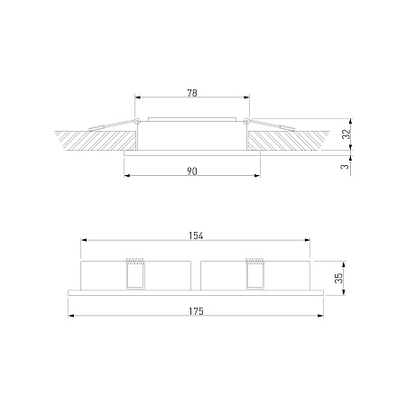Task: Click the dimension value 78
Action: (x=192, y=93)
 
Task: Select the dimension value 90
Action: (x=192, y=171)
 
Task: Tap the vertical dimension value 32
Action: (x=346, y=134)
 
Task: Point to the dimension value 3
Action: (x=346, y=166)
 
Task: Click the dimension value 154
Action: (x=196, y=235)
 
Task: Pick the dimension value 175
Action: (x=196, y=311)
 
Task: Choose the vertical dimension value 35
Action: (x=338, y=278)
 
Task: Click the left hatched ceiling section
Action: (x=97, y=141)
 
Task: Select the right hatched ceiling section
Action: (x=287, y=141)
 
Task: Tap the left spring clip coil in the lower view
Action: (x=135, y=262)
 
